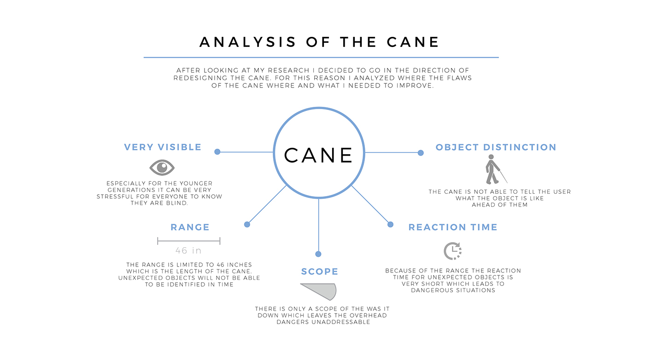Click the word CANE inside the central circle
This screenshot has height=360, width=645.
(x=318, y=155)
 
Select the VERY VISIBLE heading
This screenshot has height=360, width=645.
(x=163, y=147)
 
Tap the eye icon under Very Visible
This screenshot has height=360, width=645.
(x=162, y=167)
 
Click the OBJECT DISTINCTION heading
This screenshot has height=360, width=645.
(x=496, y=147)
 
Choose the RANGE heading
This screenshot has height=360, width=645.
(x=190, y=227)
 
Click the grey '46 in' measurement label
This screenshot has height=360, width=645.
(x=188, y=251)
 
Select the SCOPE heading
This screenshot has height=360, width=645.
(x=319, y=272)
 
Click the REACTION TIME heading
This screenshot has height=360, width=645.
(x=453, y=227)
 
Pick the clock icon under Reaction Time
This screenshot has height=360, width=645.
(x=452, y=251)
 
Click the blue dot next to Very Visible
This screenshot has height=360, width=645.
(x=217, y=151)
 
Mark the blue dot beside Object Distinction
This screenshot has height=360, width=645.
(x=421, y=153)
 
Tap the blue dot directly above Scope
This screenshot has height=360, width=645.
(x=318, y=254)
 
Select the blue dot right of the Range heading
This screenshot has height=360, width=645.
(x=247, y=224)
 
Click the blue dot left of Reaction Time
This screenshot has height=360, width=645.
(x=390, y=224)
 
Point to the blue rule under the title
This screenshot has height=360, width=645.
(x=321, y=58)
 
